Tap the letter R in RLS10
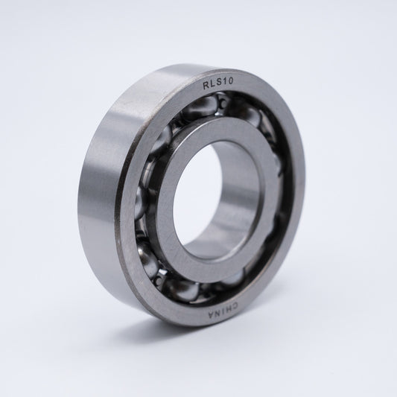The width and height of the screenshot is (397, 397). coord(206,87)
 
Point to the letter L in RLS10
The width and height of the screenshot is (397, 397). coord(212,87)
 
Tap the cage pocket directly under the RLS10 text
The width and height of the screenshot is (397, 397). coord(216,112)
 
